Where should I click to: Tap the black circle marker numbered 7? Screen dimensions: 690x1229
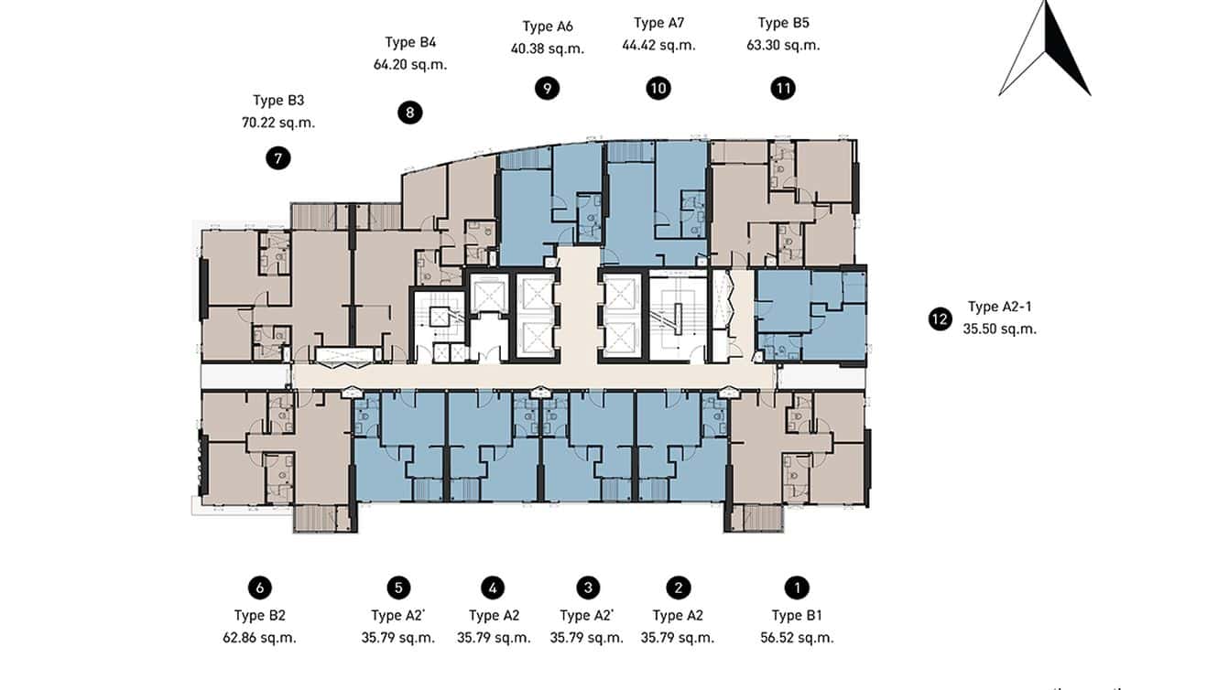coord(278,158)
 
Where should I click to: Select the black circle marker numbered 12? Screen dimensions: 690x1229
coord(939,319)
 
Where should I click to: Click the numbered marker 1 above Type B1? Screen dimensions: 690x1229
coord(797,588)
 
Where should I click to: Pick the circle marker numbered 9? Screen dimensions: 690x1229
coord(547,88)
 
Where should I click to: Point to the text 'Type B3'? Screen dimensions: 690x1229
coord(278,101)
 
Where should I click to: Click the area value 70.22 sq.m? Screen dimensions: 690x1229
coord(278,123)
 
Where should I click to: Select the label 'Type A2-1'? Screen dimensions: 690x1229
coord(999,307)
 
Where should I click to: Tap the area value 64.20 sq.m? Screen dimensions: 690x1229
coord(410,65)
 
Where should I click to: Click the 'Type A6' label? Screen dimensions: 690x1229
coord(547,27)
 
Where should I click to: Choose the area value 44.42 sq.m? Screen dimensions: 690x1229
coord(658,45)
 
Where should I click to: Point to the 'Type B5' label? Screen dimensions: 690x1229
coord(783,23)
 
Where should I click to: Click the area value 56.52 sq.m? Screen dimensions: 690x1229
coord(797,638)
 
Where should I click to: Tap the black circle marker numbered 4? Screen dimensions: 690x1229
coord(493,588)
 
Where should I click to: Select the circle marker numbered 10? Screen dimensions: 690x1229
coord(658,88)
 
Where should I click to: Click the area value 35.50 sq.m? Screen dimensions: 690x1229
coord(999,329)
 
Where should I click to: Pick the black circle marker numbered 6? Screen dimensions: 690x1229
coord(259,588)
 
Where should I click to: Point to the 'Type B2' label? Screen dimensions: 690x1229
coord(259,616)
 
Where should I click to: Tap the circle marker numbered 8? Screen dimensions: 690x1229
coord(410,113)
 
